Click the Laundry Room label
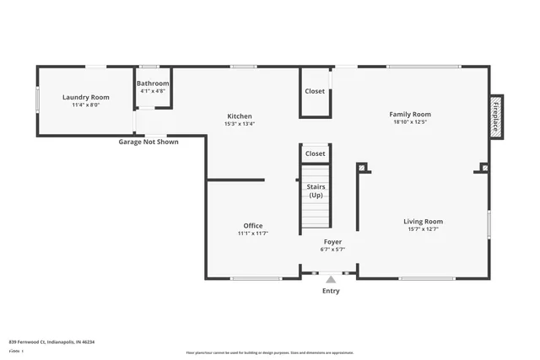tap(87, 98)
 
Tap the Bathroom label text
tap(154, 83)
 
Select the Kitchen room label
tap(239, 116)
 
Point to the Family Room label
tap(410, 114)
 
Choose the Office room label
tap(253, 225)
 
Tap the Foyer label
tap(332, 242)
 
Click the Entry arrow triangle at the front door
tap(331, 279)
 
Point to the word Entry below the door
tap(331, 291)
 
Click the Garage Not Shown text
tap(148, 142)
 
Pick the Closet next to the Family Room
tap(315, 91)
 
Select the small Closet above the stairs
tap(315, 153)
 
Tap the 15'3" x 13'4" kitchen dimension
tap(239, 124)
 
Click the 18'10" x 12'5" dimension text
tap(410, 121)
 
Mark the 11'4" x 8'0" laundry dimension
tap(87, 105)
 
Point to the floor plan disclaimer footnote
tap(269, 352)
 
